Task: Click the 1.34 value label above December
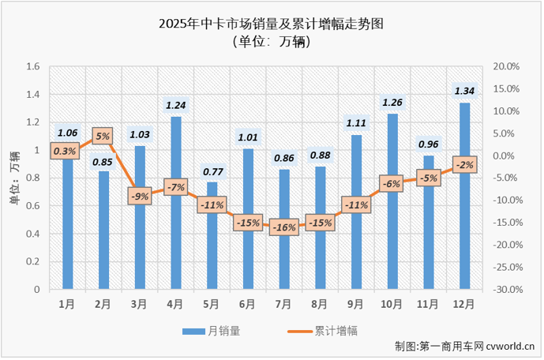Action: pyautogui.click(x=464, y=90)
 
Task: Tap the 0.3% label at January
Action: pyautogui.click(x=66, y=151)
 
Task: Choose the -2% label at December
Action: pyautogui.click(x=464, y=165)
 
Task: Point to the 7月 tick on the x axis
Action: pyautogui.click(x=283, y=302)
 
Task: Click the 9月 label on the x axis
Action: pyautogui.click(x=356, y=302)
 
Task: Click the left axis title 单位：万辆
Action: pyautogui.click(x=13, y=178)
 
